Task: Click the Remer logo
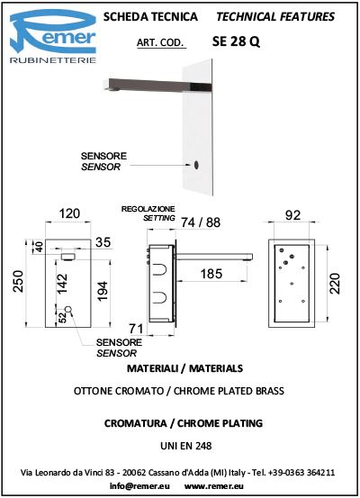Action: (x=53, y=36)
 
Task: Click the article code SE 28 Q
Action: (x=236, y=41)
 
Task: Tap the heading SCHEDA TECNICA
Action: (x=150, y=16)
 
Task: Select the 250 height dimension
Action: (x=19, y=281)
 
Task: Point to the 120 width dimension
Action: (x=69, y=213)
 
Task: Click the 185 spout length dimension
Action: (x=211, y=274)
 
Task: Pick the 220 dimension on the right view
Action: (x=335, y=284)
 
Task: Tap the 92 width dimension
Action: (x=292, y=215)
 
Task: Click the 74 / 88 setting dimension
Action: (x=201, y=222)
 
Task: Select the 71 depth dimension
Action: (x=136, y=329)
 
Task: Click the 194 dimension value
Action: (x=103, y=291)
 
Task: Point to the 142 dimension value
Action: (x=61, y=284)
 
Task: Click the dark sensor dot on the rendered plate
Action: (x=196, y=165)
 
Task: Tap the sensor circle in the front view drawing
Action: (x=68, y=310)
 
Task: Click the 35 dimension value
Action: (x=103, y=242)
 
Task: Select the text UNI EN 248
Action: (x=186, y=446)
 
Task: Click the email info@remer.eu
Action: (x=139, y=486)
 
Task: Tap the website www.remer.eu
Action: (x=214, y=486)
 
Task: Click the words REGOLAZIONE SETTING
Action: (x=148, y=213)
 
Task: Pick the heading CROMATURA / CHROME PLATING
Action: (x=184, y=423)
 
